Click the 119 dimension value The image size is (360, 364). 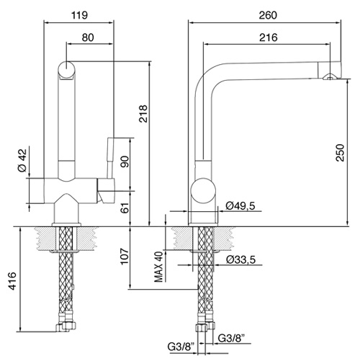tap(80, 15)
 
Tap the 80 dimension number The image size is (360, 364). tap(88, 37)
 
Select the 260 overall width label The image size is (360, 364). tap(268, 15)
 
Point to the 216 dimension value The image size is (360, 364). tap(269, 37)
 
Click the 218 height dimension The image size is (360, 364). tap(143, 114)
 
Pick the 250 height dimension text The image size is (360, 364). tap(340, 153)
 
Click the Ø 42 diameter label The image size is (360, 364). tap(22, 160)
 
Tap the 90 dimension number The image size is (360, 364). tap(125, 161)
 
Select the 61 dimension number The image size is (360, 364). tap(125, 207)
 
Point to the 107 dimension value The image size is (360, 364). tap(125, 256)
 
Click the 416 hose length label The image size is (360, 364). tap(12, 281)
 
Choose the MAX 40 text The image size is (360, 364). tap(158, 267)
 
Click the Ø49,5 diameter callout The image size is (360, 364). tap(240, 205)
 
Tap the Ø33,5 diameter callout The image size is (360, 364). tap(241, 259)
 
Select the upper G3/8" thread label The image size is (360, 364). tap(231, 338)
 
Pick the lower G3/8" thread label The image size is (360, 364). tap(181, 347)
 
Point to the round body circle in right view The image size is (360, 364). tap(203, 191)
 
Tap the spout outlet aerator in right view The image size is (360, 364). tap(330, 76)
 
